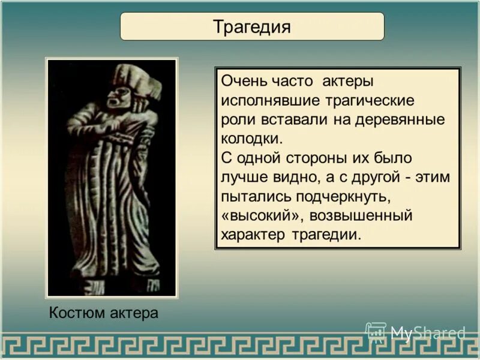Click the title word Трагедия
(x=252, y=27)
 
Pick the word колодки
(x=251, y=139)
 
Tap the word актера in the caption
(x=134, y=313)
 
